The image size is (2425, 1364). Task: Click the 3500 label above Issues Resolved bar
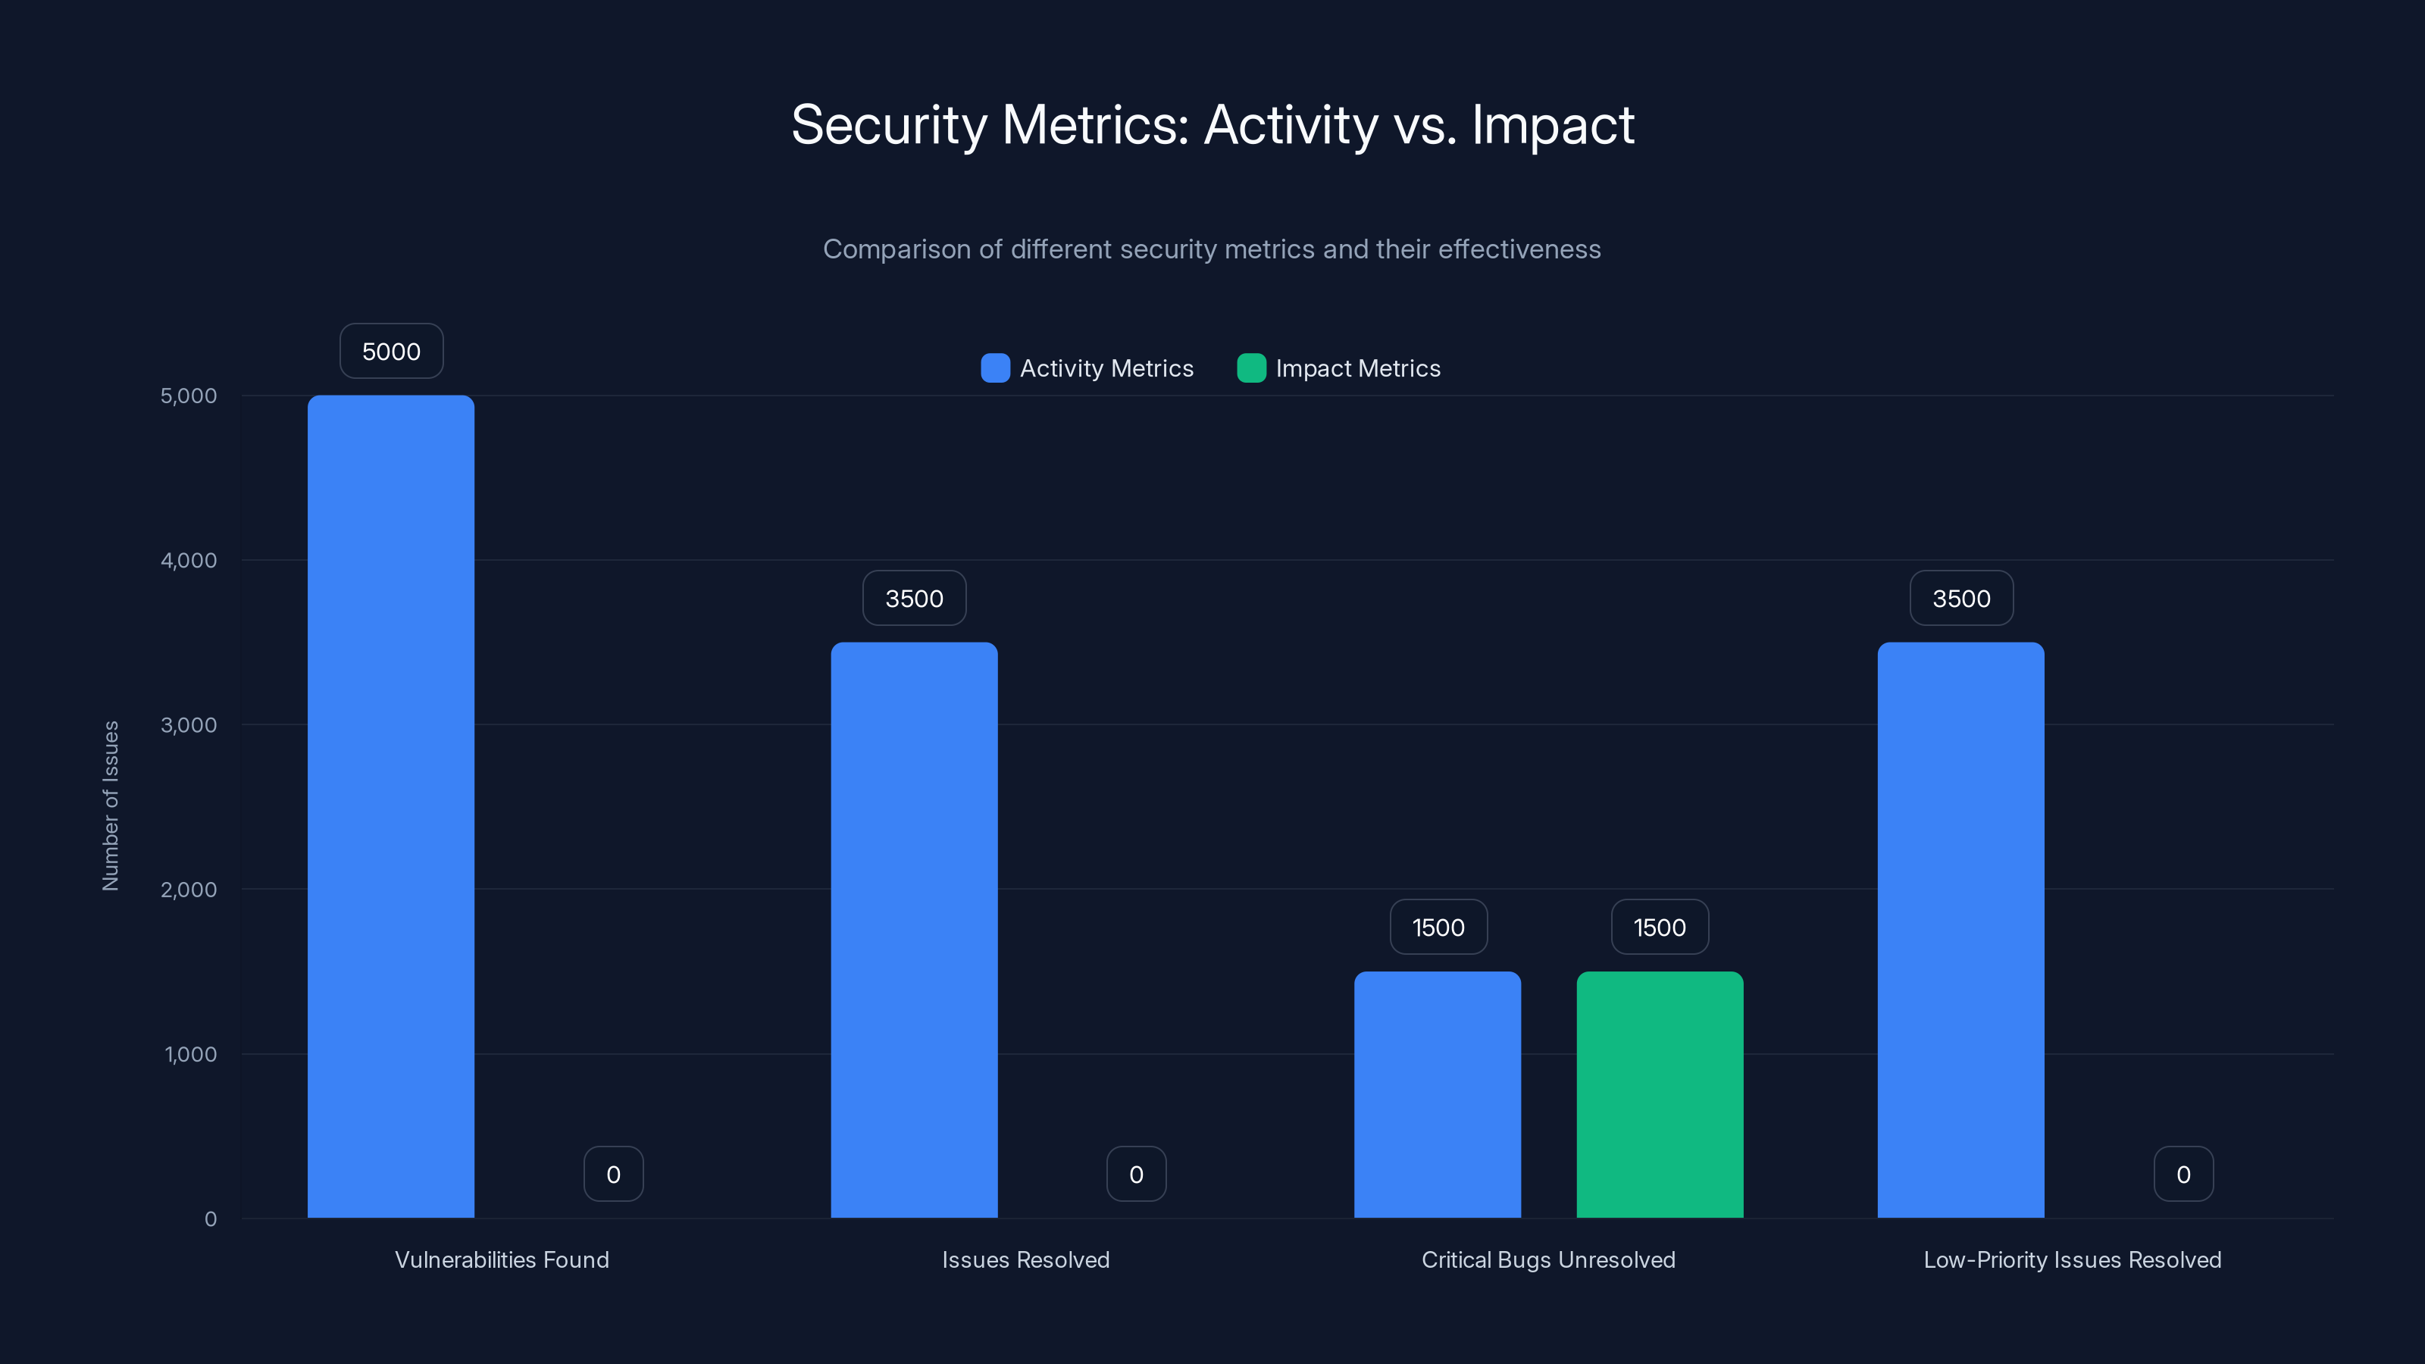(x=914, y=599)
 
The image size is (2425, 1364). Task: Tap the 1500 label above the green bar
(x=1660, y=928)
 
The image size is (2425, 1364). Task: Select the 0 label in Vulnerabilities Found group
(x=614, y=1175)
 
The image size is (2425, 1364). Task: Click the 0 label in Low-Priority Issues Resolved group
(x=2183, y=1175)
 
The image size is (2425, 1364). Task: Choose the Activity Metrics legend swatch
(x=995, y=368)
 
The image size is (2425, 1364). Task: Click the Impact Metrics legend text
(x=1357, y=369)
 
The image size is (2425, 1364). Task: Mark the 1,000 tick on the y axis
(x=190, y=1054)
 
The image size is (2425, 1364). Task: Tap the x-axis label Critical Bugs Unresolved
(x=1547, y=1260)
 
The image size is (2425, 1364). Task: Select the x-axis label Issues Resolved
(x=1025, y=1260)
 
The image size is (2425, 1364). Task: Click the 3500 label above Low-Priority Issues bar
(x=1961, y=599)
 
